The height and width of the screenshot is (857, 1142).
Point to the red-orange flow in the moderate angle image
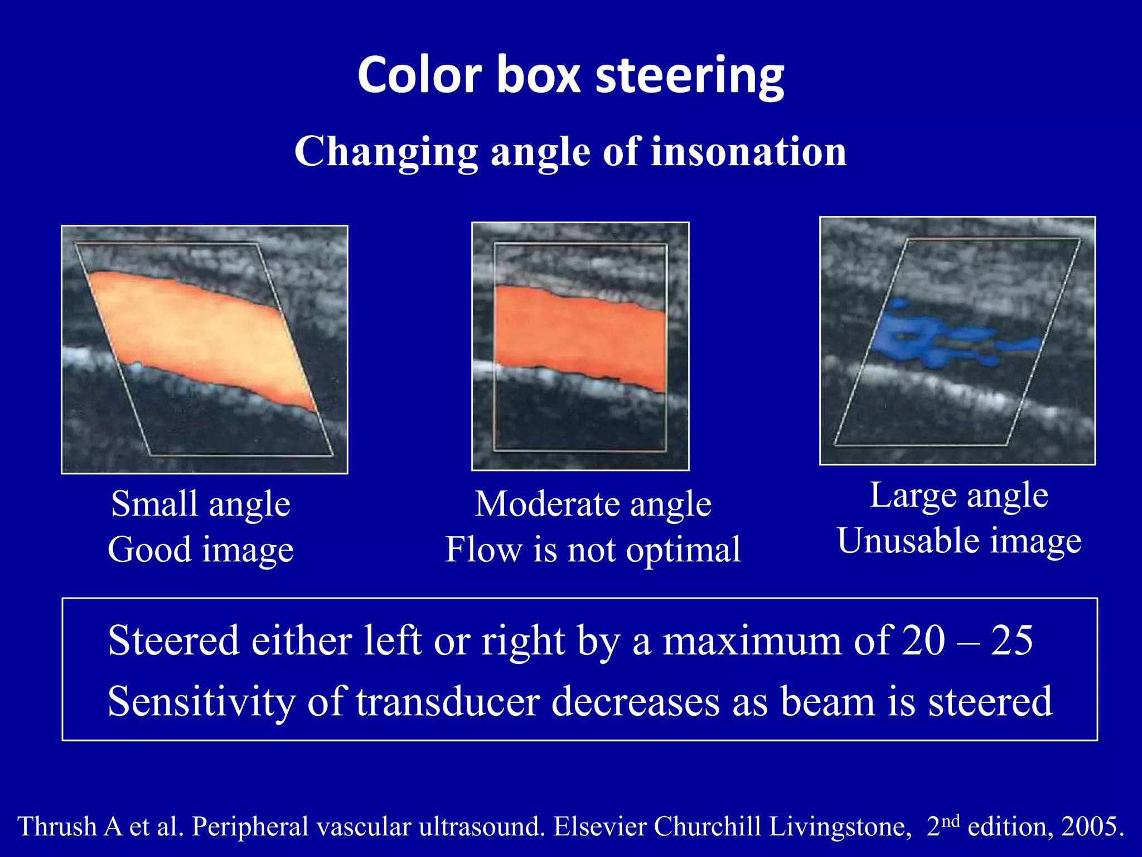[580, 335]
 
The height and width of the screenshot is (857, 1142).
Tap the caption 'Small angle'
[201, 504]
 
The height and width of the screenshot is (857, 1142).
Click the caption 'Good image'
[201, 550]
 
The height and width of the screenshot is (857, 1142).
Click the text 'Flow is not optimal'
[593, 550]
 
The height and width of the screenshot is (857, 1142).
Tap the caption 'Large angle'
[959, 495]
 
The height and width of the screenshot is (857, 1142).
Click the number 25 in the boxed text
[1012, 641]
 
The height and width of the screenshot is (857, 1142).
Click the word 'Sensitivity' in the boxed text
[201, 702]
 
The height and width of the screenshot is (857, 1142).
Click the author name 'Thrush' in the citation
[58, 826]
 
